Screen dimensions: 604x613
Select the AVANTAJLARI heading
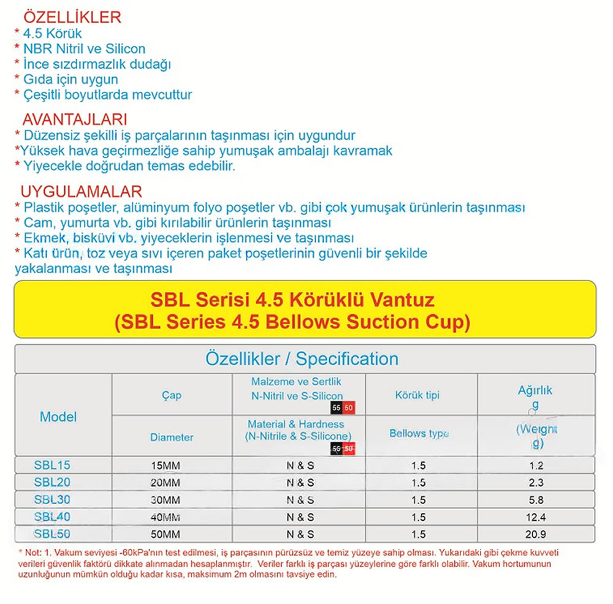click(x=74, y=119)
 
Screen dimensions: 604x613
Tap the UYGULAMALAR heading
click(x=81, y=192)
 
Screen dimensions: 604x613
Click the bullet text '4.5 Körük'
click(x=52, y=33)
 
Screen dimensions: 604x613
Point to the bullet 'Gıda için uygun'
click(x=70, y=79)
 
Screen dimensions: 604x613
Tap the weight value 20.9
click(x=535, y=534)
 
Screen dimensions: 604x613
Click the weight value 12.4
click(x=535, y=517)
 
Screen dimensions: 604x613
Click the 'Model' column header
click(x=58, y=417)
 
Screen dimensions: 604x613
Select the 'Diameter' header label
click(x=172, y=437)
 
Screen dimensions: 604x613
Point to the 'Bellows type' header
click(x=419, y=434)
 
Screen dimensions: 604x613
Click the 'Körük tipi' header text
click(x=417, y=395)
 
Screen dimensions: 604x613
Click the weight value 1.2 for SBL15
click(x=535, y=466)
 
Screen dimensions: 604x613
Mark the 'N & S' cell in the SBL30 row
click(x=300, y=500)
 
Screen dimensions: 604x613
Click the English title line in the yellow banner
click(x=292, y=322)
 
